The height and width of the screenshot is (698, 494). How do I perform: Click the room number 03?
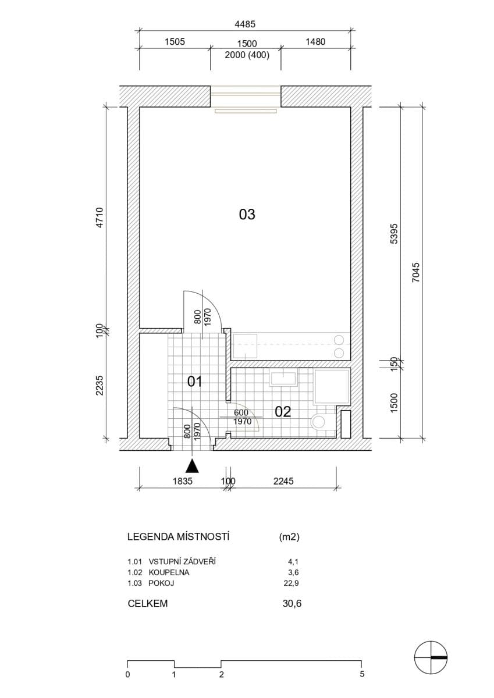247,215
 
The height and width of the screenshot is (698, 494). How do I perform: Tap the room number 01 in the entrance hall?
194,382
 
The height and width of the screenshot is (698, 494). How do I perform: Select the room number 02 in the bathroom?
283,412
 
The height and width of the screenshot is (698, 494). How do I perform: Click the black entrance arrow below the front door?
193,465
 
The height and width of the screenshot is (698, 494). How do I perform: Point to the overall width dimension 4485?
244,24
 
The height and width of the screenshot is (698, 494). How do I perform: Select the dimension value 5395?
393,233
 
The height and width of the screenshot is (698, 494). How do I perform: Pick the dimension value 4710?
99,217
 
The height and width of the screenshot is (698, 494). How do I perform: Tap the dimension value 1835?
182,481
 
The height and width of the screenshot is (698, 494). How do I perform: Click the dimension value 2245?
283,481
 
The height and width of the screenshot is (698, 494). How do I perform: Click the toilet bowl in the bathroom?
318,421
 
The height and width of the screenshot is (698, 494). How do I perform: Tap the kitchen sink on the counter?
246,346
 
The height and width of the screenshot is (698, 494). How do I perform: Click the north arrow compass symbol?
430,657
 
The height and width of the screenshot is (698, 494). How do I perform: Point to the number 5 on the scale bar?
362,675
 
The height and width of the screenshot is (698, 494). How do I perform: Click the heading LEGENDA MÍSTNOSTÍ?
178,537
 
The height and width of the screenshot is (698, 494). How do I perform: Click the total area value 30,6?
292,604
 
